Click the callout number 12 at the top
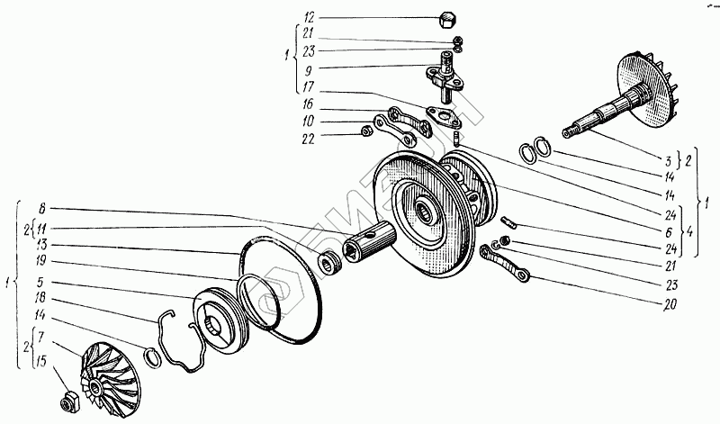pyautogui.click(x=309, y=17)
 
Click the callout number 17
pyautogui.click(x=309, y=87)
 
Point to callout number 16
pyautogui.click(x=309, y=105)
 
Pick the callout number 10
pyautogui.click(x=309, y=120)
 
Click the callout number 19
pyautogui.click(x=43, y=262)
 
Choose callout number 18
pyautogui.click(x=43, y=298)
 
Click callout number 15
pyautogui.click(x=43, y=364)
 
